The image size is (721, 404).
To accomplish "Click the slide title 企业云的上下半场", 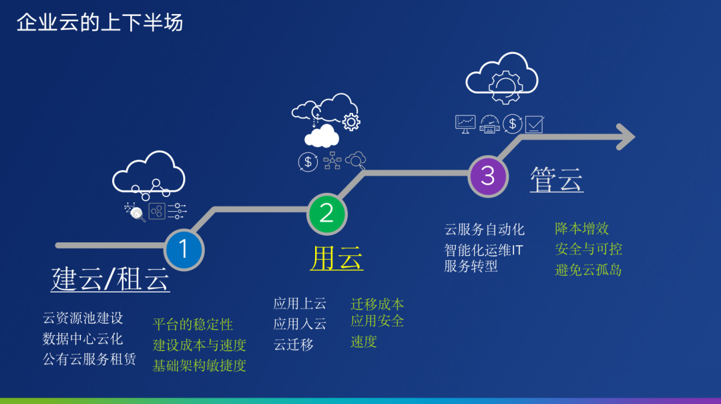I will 99,23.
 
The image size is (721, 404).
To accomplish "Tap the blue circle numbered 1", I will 184,250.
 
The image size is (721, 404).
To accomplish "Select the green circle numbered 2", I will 326,213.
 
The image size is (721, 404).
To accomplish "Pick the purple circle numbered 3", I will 488,176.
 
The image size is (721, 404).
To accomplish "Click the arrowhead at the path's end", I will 624,137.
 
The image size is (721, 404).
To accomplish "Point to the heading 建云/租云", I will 110,279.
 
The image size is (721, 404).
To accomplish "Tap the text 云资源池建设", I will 83,319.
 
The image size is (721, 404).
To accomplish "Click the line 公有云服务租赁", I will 89,359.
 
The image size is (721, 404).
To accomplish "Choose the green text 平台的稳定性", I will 193,325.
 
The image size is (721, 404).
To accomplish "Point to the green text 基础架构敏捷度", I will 200,365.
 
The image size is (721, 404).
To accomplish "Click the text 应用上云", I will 300,304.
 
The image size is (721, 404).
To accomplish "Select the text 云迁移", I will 293,345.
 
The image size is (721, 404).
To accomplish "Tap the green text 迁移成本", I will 377,305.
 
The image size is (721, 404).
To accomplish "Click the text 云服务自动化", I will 485,230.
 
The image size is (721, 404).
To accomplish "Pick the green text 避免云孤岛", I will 589,270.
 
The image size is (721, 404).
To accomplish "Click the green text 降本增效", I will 582,228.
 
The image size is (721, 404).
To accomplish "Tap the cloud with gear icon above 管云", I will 501,79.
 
